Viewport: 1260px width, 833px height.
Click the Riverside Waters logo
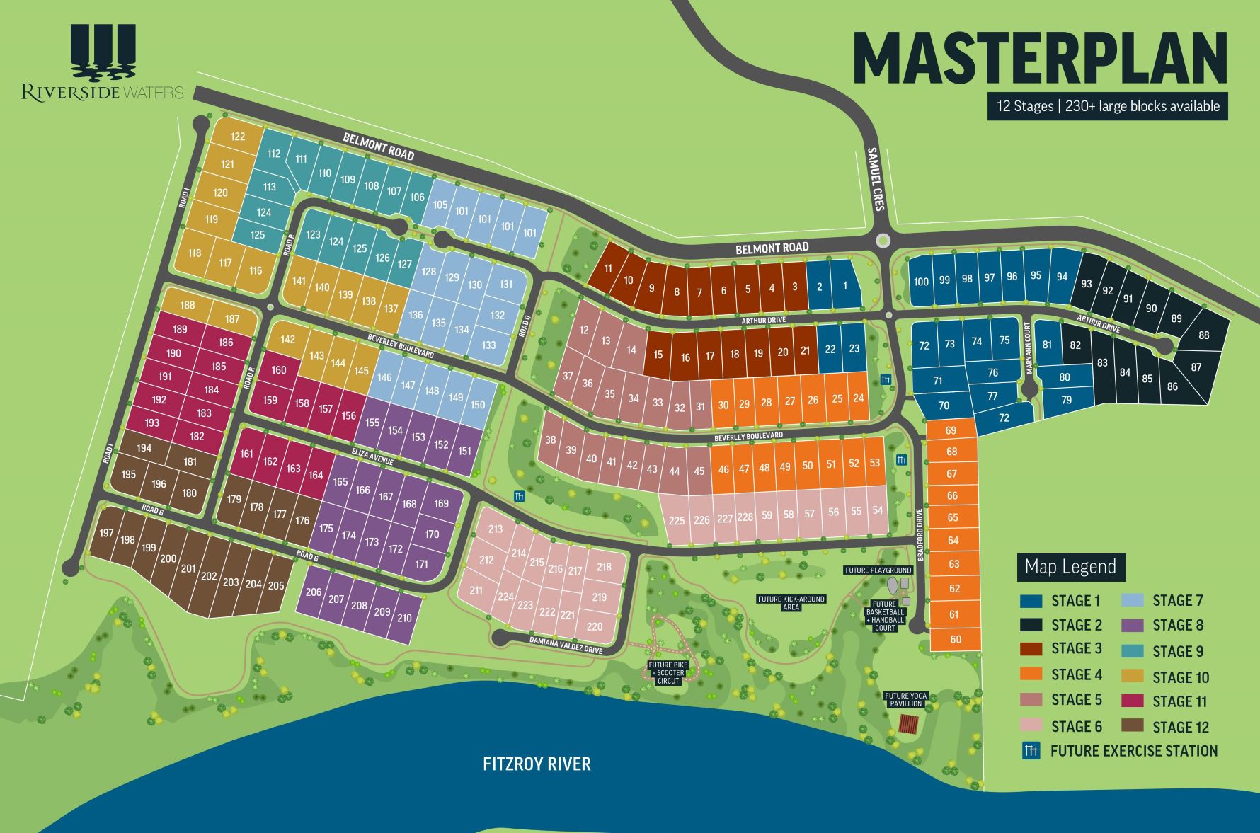[103, 64]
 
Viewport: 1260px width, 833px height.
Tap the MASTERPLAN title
[1039, 58]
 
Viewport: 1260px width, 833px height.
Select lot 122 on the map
[238, 137]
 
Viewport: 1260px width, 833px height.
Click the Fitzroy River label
[537, 764]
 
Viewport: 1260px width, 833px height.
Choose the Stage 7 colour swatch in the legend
[1133, 601]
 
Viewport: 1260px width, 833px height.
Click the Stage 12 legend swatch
[1133, 726]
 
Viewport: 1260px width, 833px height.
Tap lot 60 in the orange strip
[956, 639]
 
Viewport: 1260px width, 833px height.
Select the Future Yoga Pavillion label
[905, 700]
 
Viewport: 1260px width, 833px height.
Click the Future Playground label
[878, 570]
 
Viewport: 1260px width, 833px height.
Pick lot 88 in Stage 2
[1204, 335]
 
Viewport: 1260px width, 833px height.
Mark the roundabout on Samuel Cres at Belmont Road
[882, 240]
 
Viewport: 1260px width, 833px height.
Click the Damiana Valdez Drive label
[566, 645]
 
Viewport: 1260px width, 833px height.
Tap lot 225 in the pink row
[677, 520]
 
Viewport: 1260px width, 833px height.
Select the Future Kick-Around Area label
[791, 603]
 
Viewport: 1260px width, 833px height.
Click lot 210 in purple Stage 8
[404, 618]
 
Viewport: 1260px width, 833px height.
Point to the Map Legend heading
[1070, 567]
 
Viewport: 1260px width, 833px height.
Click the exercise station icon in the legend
[1031, 751]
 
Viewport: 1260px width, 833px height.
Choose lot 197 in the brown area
[106, 533]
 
